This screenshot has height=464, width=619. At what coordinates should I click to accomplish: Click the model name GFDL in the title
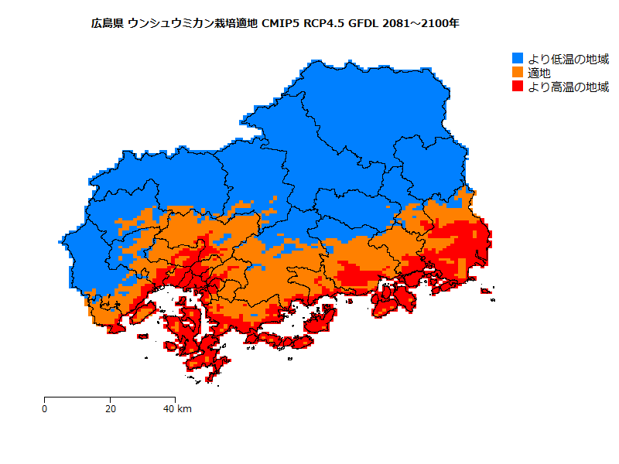(x=365, y=23)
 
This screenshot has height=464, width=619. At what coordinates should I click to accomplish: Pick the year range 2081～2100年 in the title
(x=422, y=23)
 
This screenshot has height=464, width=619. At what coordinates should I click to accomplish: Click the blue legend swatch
(x=518, y=59)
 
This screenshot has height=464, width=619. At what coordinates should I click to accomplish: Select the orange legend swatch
(x=518, y=73)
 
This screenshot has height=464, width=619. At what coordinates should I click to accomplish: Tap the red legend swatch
(x=518, y=87)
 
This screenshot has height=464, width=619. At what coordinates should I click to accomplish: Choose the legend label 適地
(x=539, y=73)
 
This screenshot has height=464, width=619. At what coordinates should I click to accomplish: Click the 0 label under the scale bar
(x=44, y=408)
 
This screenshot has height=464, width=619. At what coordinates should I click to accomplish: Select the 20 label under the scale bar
(x=110, y=408)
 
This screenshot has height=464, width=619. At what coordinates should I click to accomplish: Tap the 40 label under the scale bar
(x=169, y=408)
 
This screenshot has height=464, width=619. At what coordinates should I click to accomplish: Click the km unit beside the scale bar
(x=184, y=408)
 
